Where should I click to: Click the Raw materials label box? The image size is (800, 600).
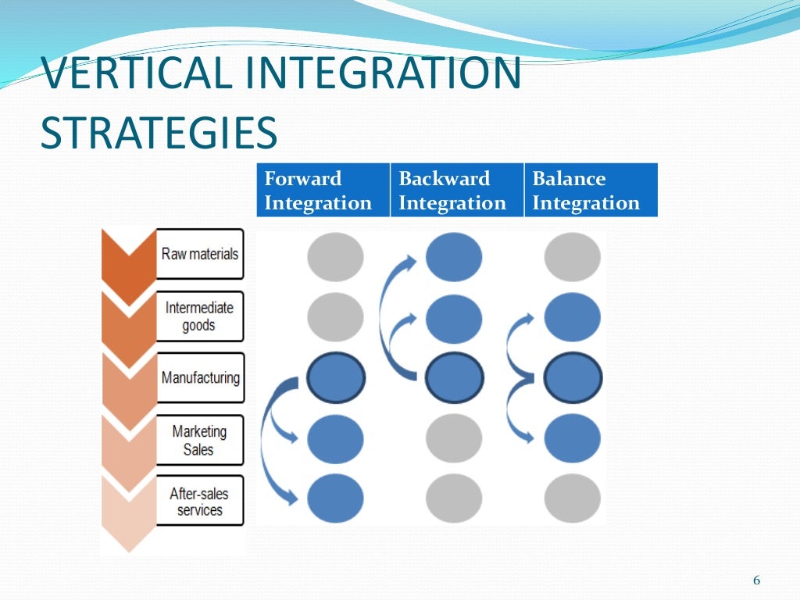(x=199, y=254)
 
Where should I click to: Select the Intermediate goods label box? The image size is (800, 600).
(x=199, y=316)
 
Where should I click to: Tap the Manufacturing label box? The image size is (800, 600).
(x=200, y=377)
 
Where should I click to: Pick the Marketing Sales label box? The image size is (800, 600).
(x=199, y=440)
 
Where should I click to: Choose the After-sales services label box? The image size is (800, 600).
(x=199, y=501)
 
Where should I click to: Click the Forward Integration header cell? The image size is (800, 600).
(x=323, y=190)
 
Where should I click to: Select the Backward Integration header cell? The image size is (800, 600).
(x=456, y=190)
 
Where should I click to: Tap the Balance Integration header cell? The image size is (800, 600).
(x=591, y=190)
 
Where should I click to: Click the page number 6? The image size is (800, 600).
(x=755, y=580)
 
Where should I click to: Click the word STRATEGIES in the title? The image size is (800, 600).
(x=159, y=132)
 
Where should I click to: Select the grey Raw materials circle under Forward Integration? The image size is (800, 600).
(x=335, y=257)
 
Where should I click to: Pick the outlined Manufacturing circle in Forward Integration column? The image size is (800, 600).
(x=335, y=379)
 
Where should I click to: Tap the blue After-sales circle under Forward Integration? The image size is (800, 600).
(x=335, y=498)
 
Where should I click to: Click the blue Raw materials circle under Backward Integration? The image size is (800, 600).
(x=454, y=257)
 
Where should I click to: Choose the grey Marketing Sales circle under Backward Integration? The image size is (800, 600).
(x=454, y=439)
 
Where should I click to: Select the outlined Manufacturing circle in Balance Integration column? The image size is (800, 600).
(x=573, y=379)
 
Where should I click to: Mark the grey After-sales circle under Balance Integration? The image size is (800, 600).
(x=573, y=498)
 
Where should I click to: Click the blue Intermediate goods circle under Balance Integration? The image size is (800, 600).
(x=573, y=318)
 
